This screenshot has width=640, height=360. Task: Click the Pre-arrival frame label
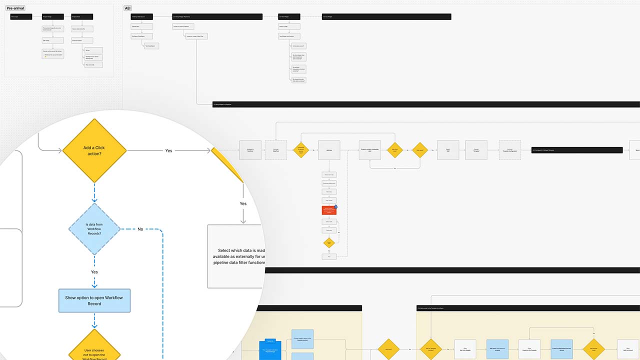[15, 8]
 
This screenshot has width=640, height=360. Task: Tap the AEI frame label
[128, 8]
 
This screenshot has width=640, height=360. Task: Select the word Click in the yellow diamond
[98, 148]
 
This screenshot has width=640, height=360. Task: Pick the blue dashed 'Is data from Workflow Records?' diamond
[94, 229]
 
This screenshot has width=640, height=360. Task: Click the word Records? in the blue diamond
[94, 233]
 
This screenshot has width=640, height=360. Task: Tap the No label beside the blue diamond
[140, 229]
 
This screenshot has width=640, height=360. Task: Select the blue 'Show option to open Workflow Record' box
[94, 300]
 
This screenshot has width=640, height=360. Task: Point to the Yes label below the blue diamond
[94, 272]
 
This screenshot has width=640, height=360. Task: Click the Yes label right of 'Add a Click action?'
[169, 150]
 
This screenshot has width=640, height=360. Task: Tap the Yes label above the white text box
[243, 203]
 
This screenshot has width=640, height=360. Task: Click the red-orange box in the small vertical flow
[329, 210]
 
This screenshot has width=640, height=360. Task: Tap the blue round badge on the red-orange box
[336, 206]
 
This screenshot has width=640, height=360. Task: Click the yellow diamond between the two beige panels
[388, 349]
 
